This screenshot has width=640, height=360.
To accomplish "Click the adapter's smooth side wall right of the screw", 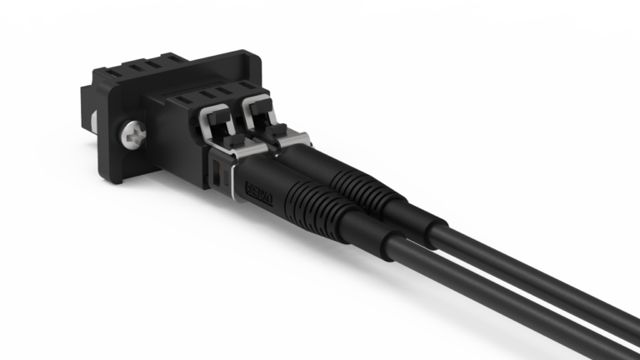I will [x=175, y=146].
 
